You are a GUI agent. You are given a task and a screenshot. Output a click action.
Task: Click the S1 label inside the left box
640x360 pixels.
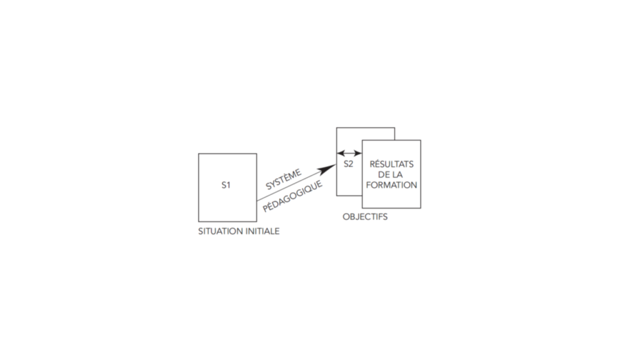[226, 185]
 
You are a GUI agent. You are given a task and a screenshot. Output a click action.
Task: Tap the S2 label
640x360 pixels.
[348, 164]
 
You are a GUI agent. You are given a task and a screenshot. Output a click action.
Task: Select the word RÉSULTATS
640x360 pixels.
[391, 164]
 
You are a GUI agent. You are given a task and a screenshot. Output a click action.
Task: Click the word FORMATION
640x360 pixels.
[391, 185]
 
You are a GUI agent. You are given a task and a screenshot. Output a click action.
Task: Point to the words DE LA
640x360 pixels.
[390, 175]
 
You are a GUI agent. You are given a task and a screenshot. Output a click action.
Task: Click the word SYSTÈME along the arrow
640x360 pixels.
[283, 179]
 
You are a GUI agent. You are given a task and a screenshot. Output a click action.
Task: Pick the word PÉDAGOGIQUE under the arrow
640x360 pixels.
[292, 196]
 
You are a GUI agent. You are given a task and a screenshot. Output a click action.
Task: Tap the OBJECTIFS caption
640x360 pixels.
[365, 217]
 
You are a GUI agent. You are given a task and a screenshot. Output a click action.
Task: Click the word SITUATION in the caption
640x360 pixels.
[217, 231]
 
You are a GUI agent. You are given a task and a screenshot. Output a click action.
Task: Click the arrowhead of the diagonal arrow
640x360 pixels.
[327, 169]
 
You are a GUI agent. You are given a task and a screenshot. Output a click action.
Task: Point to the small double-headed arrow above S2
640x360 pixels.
[349, 154]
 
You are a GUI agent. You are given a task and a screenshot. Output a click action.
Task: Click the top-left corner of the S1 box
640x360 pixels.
[198, 154]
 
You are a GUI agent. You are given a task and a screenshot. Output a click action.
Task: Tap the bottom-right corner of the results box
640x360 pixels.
[421, 208]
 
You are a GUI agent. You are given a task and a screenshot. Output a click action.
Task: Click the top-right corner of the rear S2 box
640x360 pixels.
[395, 127]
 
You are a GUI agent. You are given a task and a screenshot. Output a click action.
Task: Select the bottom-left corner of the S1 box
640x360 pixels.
[198, 222]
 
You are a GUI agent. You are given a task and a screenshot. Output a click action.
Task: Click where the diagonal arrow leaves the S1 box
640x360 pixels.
[257, 201]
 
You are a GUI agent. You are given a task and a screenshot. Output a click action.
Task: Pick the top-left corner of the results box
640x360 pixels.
[362, 141]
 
